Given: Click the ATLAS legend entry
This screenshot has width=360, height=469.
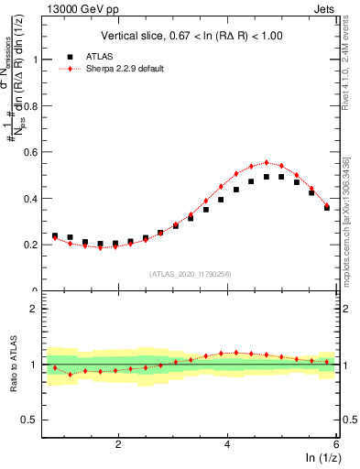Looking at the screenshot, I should [99, 57].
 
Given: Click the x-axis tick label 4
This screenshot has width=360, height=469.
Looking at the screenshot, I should [227, 444].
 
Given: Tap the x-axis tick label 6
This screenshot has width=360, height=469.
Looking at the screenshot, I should [335, 444].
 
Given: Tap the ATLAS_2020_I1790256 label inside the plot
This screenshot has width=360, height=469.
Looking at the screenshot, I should [191, 273].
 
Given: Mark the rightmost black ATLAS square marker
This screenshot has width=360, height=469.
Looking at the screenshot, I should [327, 208].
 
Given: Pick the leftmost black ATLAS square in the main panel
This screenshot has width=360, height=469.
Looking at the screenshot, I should [55, 235].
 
